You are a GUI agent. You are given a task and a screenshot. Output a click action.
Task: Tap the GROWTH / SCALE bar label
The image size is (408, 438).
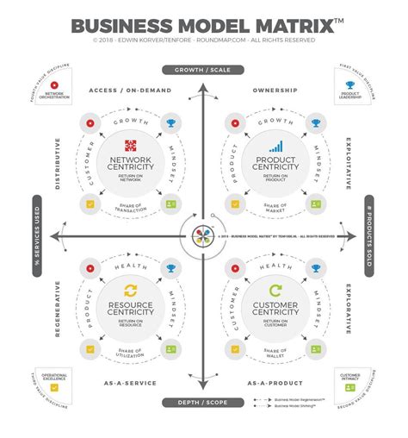[204, 70]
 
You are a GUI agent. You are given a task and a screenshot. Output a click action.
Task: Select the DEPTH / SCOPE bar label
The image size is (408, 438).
[204, 402]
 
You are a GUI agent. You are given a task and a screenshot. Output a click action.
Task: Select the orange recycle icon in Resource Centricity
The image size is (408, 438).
[131, 291]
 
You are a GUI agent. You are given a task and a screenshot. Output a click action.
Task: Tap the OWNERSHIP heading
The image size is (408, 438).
[275, 90]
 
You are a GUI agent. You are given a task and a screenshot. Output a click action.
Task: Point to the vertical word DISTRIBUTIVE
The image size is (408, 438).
[59, 164]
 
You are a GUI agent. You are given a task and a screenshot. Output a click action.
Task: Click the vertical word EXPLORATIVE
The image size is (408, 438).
[348, 310]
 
